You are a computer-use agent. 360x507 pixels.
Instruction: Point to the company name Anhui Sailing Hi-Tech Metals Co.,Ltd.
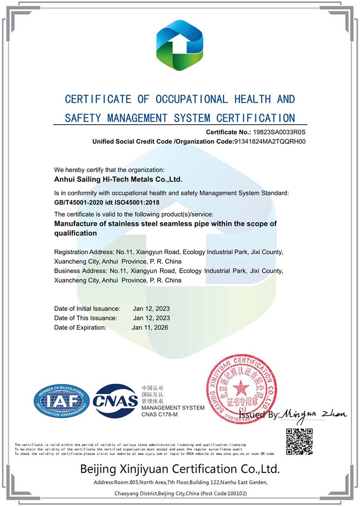click(x=118, y=179)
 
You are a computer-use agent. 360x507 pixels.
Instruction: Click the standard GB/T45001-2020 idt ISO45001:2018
click(x=107, y=202)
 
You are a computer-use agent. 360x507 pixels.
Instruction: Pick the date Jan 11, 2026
click(x=150, y=328)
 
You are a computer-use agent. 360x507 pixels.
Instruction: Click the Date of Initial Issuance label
click(x=87, y=309)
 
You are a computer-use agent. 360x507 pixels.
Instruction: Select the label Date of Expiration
click(x=80, y=328)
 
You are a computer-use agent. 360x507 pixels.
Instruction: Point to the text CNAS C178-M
click(x=160, y=414)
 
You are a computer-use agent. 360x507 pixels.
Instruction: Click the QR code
click(x=299, y=441)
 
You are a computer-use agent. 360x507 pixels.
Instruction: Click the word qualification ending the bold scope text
click(x=76, y=233)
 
